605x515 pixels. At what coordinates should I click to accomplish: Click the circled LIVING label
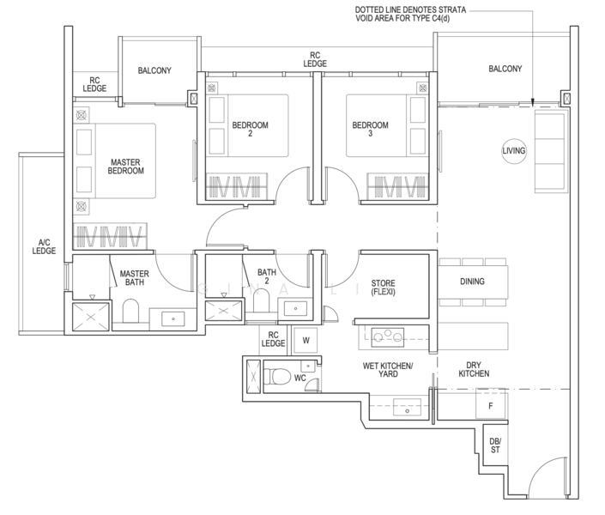coord(513,151)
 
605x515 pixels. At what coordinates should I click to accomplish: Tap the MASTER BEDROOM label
coord(126,167)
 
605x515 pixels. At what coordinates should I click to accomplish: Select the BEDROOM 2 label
coord(250,129)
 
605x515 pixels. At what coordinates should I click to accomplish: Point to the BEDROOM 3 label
coord(370,129)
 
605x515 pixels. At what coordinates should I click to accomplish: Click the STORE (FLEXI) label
coord(383,288)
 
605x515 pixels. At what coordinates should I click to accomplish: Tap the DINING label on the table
coord(472,282)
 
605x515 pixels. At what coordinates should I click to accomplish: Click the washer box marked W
coord(306,340)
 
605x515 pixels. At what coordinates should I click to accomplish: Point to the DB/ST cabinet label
coord(495,445)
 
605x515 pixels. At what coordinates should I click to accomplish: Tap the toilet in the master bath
coord(130,312)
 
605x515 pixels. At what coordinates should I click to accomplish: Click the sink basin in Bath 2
coord(295,308)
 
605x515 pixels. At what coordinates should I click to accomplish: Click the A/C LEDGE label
coord(44,246)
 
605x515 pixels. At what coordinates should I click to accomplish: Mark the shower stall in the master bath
coord(91,317)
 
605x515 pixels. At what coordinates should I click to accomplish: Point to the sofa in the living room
coord(550,151)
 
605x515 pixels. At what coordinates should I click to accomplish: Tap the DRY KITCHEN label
coord(474,369)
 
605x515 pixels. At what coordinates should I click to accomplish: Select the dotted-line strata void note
coord(410,14)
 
